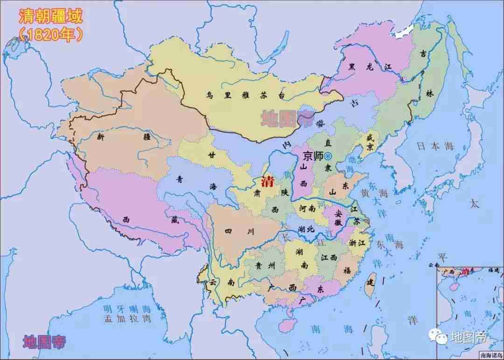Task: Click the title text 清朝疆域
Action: tap(50, 16)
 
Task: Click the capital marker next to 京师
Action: tap(328, 156)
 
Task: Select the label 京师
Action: tap(313, 156)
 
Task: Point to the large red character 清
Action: tap(268, 181)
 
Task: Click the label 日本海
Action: tap(435, 146)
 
